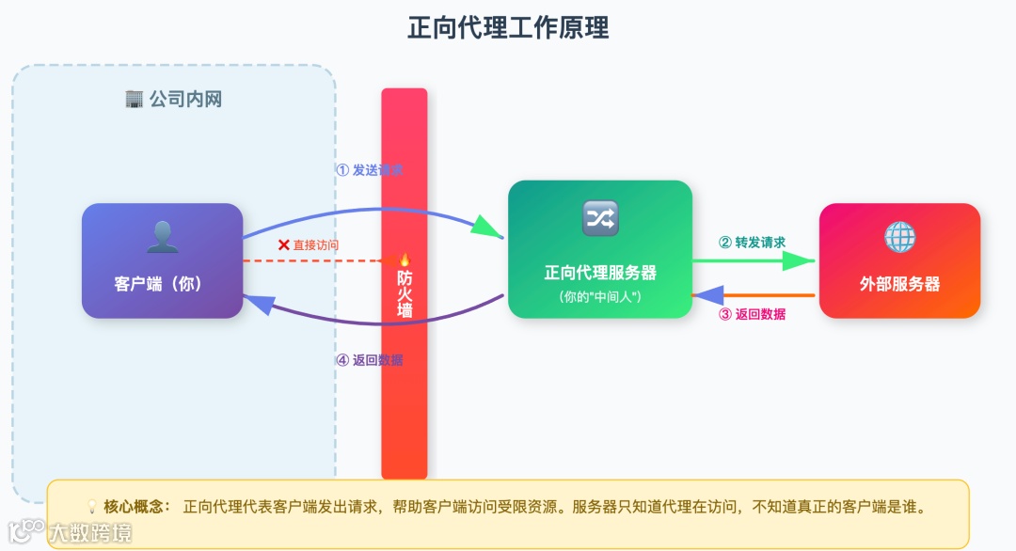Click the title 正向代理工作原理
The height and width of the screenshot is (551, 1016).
click(x=508, y=28)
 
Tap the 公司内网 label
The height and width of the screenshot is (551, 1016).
click(x=185, y=99)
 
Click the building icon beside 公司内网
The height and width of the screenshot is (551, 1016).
click(x=134, y=99)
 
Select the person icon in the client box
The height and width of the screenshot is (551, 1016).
click(x=162, y=237)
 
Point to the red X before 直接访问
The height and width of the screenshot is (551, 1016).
click(x=283, y=244)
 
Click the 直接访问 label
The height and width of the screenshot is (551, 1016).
click(x=315, y=244)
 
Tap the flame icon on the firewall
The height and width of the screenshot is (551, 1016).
click(x=405, y=260)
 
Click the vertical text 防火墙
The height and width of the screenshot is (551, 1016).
click(x=405, y=292)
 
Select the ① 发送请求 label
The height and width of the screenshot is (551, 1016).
click(x=370, y=170)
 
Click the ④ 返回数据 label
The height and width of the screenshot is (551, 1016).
click(x=370, y=359)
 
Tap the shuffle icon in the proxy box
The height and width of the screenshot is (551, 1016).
click(x=600, y=218)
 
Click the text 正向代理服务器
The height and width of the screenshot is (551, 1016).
click(x=600, y=273)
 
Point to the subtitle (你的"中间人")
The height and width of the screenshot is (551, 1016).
click(x=599, y=297)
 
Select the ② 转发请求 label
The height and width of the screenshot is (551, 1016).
click(x=752, y=242)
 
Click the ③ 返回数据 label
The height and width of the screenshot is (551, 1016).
click(x=752, y=314)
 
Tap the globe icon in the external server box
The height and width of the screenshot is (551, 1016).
click(x=899, y=237)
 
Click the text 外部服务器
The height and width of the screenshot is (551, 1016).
click(x=899, y=283)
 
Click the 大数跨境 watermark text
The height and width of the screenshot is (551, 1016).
click(x=90, y=533)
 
